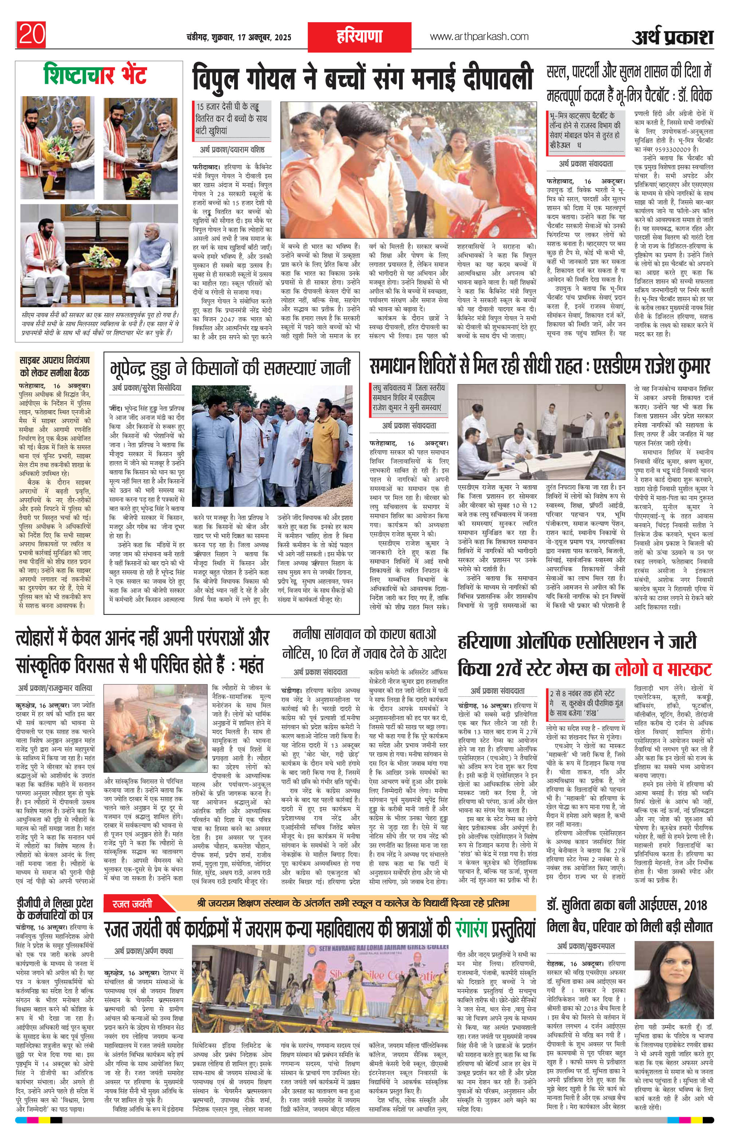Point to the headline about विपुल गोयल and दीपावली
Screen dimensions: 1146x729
(x=362, y=79)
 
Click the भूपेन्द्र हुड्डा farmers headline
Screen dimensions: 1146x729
(x=231, y=368)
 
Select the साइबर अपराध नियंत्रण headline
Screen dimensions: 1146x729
(x=55, y=367)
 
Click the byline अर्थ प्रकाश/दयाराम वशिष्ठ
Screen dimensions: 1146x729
(x=232, y=150)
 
